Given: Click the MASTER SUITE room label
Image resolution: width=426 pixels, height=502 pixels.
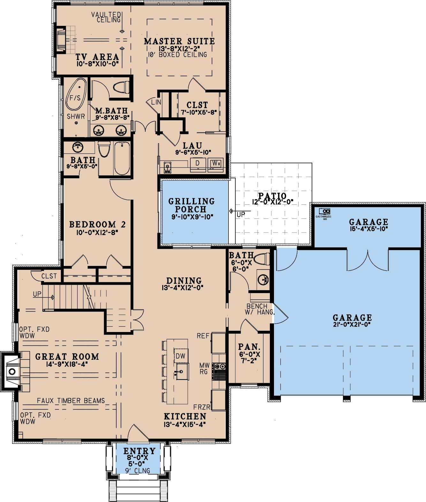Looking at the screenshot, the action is [x=179, y=41].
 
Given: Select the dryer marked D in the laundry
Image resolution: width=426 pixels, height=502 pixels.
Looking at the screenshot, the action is [x=198, y=165].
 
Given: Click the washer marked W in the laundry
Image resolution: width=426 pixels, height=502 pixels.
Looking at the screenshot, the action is [x=216, y=165].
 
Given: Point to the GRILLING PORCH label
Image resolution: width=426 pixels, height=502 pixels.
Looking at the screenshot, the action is [x=192, y=205].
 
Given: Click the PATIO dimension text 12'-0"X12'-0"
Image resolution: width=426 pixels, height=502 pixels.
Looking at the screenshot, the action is [x=272, y=202].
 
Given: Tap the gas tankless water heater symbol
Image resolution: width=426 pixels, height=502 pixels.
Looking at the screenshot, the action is [x=324, y=211].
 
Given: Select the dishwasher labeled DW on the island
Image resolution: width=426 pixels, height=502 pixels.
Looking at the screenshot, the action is [x=180, y=356].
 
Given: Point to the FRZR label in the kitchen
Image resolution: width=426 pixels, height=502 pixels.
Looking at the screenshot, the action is [x=202, y=407].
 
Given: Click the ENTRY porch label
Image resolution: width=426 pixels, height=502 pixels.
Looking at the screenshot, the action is [x=139, y=451].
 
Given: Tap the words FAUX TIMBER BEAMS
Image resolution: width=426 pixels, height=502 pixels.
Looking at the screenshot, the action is [x=71, y=401].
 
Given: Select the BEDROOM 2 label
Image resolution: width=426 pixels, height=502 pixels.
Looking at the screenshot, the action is [x=97, y=224].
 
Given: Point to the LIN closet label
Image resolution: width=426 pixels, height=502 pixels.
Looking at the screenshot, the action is [x=156, y=102].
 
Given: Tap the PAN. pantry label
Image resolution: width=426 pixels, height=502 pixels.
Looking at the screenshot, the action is [x=249, y=346].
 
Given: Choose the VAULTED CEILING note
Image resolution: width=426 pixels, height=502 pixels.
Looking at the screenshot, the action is [x=106, y=17].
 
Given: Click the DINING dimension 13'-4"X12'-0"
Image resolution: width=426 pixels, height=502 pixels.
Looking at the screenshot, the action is [x=182, y=288].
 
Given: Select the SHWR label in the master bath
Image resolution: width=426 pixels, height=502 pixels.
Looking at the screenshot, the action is [x=76, y=116].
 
